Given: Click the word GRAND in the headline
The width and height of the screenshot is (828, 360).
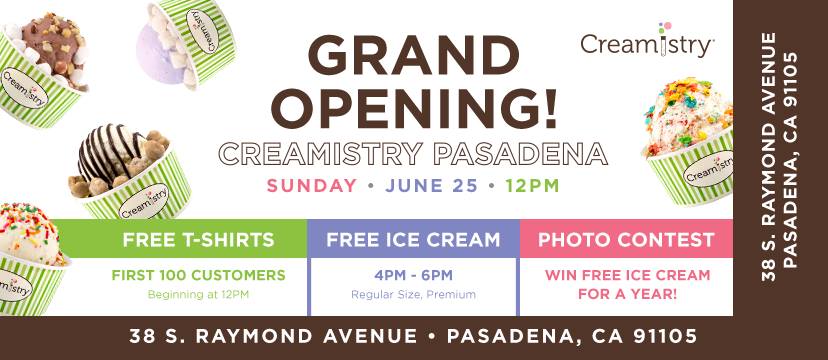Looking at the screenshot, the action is coord(412,56).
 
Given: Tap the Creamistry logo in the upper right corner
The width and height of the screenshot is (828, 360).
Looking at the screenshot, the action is coord(647,41).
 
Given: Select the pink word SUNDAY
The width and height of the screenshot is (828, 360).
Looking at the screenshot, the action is coord(312,186).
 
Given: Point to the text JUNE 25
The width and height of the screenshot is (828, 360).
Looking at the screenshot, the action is coord(431,186).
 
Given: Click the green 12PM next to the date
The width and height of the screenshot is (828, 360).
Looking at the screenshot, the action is coord(532,186).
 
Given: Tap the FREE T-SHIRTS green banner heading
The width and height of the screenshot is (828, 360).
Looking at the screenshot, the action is coord(199,240).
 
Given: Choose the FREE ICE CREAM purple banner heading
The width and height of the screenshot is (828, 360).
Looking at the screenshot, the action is coord(413,240).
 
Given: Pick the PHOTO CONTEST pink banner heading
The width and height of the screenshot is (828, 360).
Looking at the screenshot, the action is coord(626,240).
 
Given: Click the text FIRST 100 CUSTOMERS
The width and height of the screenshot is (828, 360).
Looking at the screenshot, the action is coord(199,275).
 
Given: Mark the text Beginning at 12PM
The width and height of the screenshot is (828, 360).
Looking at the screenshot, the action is coord(198,295).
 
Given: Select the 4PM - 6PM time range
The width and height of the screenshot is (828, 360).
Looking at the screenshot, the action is coord(413,275).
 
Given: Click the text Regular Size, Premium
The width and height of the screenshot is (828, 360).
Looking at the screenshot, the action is coord(413,295).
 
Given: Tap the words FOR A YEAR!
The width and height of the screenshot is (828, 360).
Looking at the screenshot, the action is coord(627,294).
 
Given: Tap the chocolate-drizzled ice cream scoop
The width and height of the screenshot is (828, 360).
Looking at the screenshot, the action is coord(107,153).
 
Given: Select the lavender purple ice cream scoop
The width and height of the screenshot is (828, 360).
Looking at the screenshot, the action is coord(158,53).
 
